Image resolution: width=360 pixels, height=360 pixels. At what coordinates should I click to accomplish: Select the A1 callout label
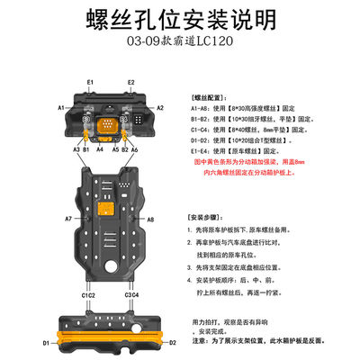click(x=64, y=107)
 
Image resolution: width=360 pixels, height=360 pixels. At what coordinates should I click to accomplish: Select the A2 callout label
click(x=161, y=107)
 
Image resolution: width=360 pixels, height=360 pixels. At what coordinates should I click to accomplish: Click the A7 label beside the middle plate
click(x=67, y=219)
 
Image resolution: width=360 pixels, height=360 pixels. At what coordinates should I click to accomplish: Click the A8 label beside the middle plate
click(x=151, y=219)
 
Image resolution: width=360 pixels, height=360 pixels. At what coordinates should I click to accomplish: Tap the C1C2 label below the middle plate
click(x=88, y=295)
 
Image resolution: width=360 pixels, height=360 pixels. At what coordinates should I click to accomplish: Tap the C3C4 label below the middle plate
click(x=130, y=295)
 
